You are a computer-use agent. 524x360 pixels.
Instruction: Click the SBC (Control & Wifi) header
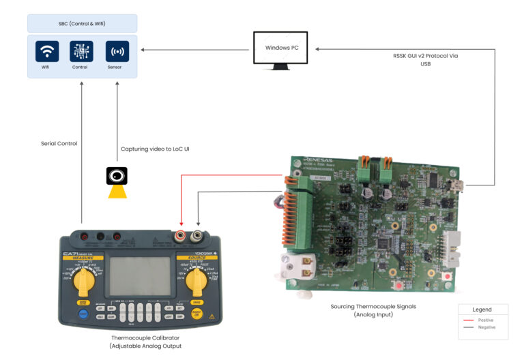click(82, 23)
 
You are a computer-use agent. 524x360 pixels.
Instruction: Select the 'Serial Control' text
click(59, 143)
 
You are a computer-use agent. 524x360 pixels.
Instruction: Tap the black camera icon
click(117, 176)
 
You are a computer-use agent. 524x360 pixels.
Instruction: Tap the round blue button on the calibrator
click(83, 313)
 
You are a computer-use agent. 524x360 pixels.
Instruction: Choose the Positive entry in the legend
click(486, 320)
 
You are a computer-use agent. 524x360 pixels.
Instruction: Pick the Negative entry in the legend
click(486, 327)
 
